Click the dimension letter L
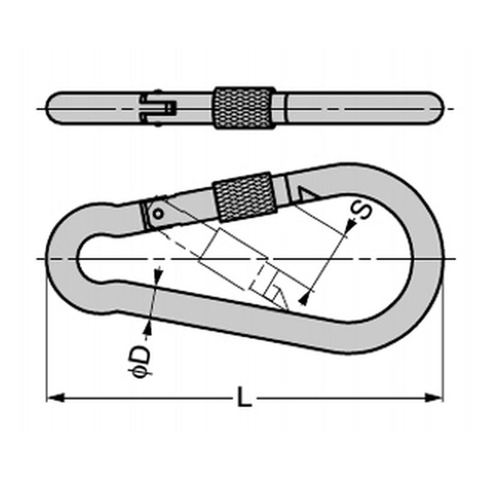tap(245, 397)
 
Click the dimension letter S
tap(361, 210)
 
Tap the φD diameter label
tap(139, 362)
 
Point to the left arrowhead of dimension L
tap(57, 398)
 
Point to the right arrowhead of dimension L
tap(434, 398)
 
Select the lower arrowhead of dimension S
tap(304, 297)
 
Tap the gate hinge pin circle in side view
tap(158, 213)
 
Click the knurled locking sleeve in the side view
tap(244, 197)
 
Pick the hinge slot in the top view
tap(159, 108)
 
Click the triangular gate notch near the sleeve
tap(308, 194)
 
